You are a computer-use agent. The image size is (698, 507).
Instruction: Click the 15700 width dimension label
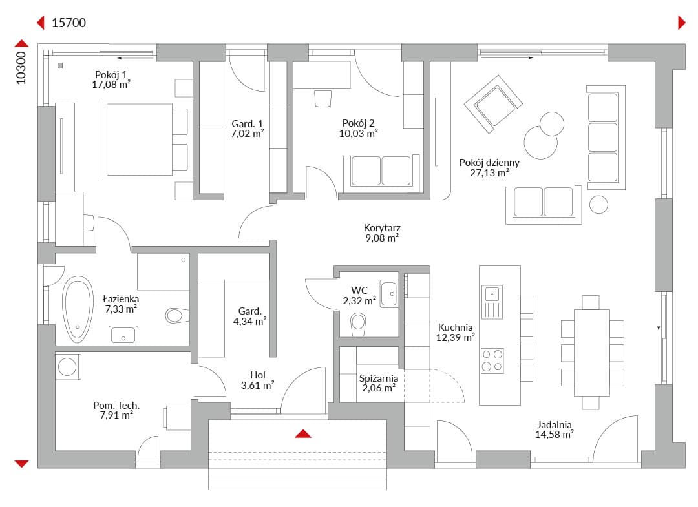click(x=69, y=23)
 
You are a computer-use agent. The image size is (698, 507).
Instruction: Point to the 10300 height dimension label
click(x=21, y=68)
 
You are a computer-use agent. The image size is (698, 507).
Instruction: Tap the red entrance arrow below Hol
click(x=303, y=433)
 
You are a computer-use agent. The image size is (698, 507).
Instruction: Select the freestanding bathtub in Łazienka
click(x=78, y=309)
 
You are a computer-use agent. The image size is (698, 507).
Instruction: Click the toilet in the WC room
click(x=358, y=324)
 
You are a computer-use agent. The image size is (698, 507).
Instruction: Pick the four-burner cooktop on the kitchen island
click(x=492, y=360)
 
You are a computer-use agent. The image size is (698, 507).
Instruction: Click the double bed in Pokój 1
click(x=147, y=140)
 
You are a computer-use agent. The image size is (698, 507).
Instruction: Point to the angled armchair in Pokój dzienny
click(x=492, y=104)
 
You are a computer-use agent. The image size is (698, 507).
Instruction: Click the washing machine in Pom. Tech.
click(x=68, y=367)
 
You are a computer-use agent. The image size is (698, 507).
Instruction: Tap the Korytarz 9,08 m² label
click(x=382, y=233)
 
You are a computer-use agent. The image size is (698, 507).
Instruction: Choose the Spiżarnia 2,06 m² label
click(x=378, y=384)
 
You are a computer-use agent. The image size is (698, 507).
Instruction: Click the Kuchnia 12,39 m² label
click(x=455, y=333)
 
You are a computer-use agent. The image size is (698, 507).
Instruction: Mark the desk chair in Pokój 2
click(x=323, y=99)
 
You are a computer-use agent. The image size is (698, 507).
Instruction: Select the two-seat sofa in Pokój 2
click(x=381, y=172)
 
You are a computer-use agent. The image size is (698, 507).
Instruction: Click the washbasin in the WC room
click(x=388, y=293)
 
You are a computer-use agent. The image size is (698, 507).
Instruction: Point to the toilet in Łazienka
click(x=176, y=316)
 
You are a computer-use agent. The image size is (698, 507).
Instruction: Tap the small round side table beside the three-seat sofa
click(x=598, y=205)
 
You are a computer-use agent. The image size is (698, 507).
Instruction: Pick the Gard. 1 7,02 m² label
click(x=248, y=129)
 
